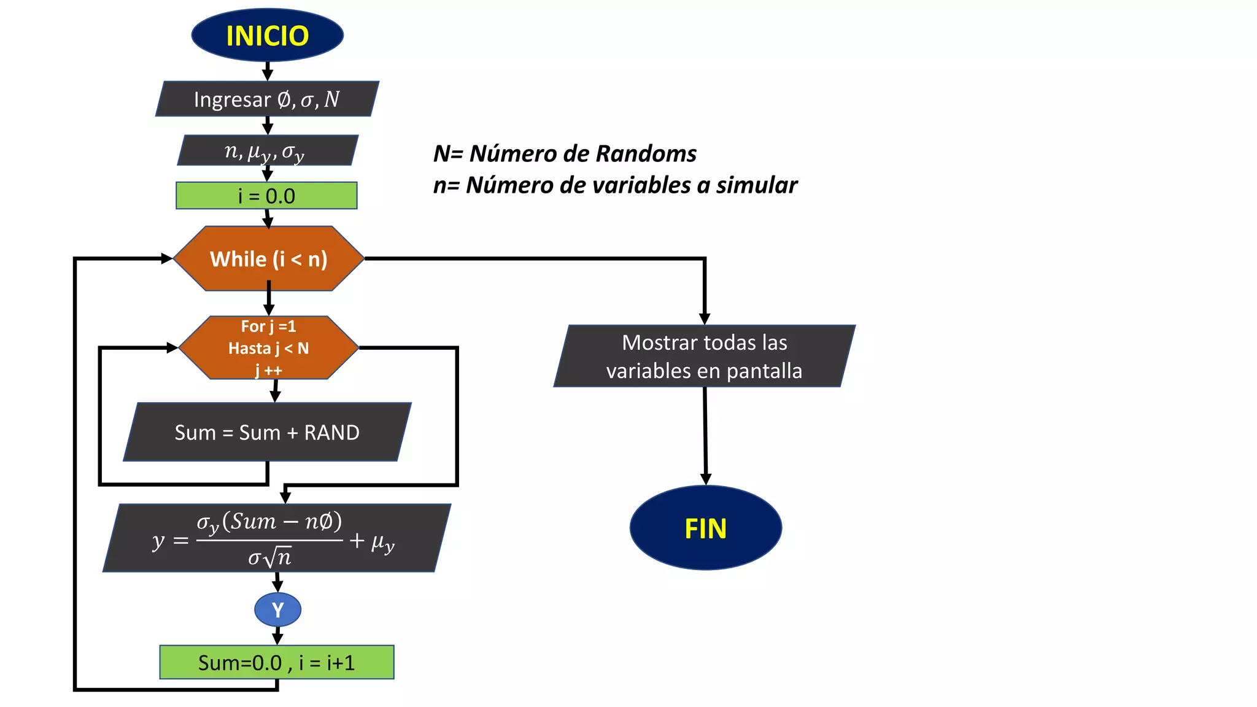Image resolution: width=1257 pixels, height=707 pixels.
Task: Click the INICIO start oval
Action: (x=267, y=35)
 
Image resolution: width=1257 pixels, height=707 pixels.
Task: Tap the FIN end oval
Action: (x=705, y=528)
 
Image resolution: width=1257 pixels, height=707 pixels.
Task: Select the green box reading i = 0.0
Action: (x=266, y=196)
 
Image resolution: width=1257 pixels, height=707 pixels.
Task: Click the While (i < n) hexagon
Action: (x=269, y=258)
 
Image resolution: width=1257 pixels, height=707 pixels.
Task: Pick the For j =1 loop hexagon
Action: (x=269, y=347)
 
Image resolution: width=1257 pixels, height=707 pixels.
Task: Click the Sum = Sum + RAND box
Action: (x=267, y=432)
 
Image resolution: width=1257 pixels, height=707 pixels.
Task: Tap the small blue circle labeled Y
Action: (x=277, y=609)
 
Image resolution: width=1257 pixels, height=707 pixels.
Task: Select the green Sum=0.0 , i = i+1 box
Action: (x=277, y=662)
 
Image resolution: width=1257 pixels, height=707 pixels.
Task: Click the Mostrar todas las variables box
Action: (x=704, y=356)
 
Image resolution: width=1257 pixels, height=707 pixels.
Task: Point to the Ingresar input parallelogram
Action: (x=267, y=99)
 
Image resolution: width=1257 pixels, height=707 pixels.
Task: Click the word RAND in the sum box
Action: (x=331, y=432)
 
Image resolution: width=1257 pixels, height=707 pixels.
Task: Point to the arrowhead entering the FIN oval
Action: (x=706, y=479)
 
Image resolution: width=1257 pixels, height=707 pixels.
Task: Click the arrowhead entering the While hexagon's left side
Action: (x=167, y=258)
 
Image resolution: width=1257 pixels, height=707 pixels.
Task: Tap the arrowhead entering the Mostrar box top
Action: (x=705, y=319)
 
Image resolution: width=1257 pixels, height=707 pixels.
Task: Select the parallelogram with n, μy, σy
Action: (x=267, y=150)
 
